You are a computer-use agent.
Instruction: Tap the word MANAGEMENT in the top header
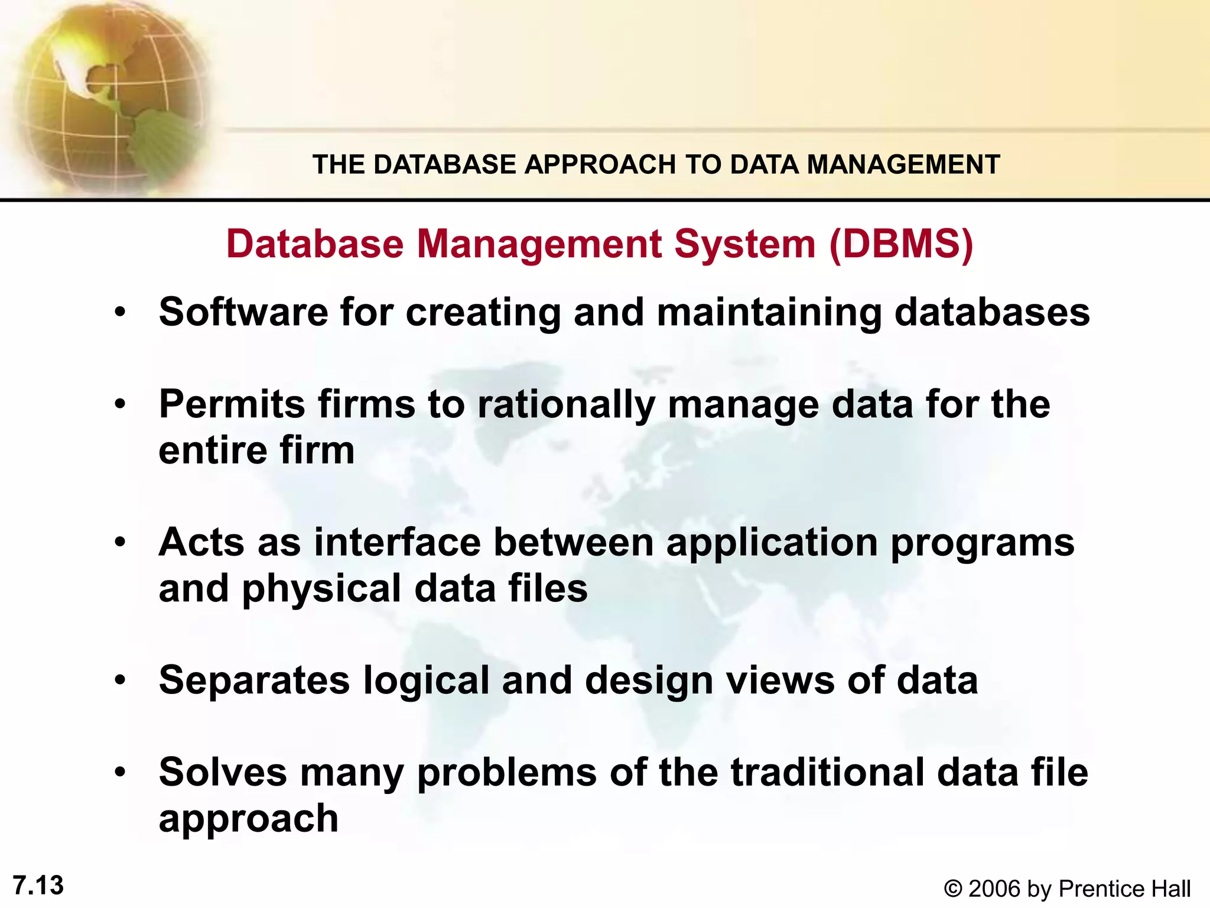pyautogui.click(x=903, y=164)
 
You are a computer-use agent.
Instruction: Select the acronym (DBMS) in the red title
pyautogui.click(x=901, y=244)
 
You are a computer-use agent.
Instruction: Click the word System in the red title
pyautogui.click(x=745, y=244)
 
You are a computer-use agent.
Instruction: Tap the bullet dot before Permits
pyautogui.click(x=121, y=405)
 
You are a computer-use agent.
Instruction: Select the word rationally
pyautogui.click(x=566, y=406)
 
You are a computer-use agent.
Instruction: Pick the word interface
pyautogui.click(x=397, y=542)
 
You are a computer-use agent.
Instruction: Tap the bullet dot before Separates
pyautogui.click(x=121, y=680)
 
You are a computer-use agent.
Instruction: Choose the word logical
pyautogui.click(x=426, y=681)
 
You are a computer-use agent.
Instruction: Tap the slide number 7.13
pyautogui.click(x=38, y=886)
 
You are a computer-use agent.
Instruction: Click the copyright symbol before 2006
pyautogui.click(x=952, y=888)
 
